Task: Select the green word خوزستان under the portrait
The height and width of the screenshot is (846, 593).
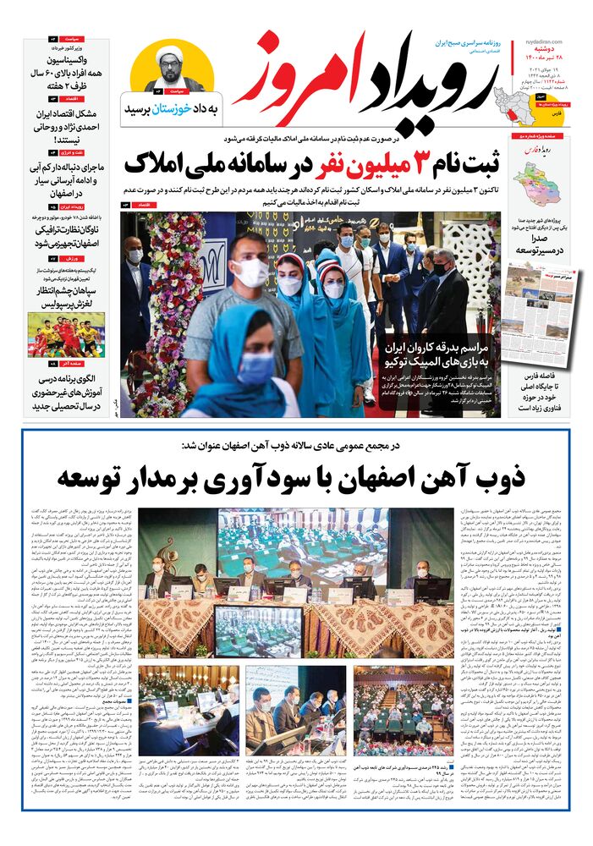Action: (170, 110)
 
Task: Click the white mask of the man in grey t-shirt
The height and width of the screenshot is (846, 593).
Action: (250, 272)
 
